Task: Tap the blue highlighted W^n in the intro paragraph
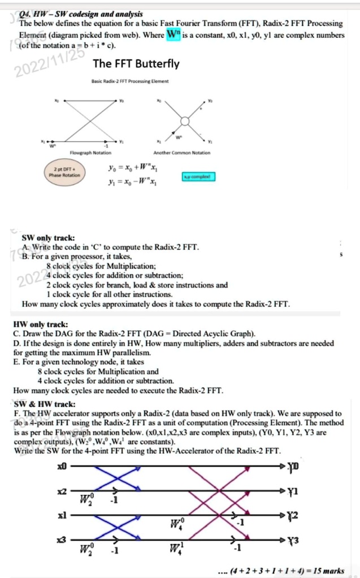pos(174,34)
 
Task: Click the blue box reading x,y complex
pos(197,177)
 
